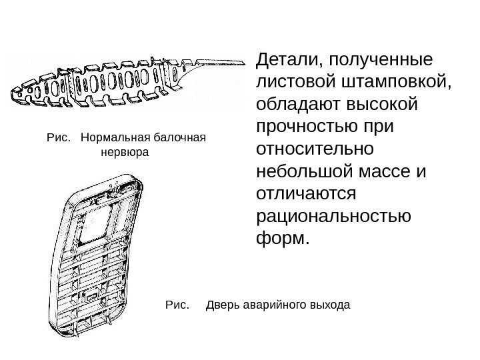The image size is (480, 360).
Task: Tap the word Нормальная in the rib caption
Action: (x=115, y=138)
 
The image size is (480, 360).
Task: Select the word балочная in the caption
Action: (x=179, y=138)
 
